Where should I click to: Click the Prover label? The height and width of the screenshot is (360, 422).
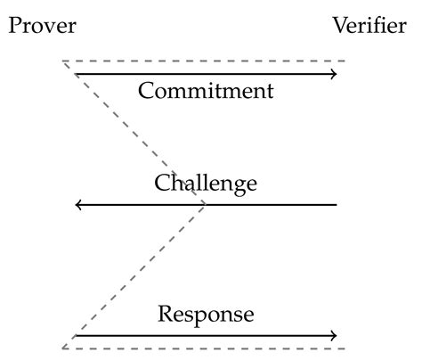click(x=42, y=26)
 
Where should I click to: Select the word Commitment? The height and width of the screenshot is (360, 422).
click(x=206, y=91)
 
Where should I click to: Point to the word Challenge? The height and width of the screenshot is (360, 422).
click(x=206, y=184)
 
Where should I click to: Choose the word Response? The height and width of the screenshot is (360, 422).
click(x=206, y=315)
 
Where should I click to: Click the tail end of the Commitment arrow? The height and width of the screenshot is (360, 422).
click(x=76, y=74)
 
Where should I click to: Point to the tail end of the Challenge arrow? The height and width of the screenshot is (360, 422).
click(x=337, y=205)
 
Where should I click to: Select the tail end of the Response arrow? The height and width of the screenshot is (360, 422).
click(x=76, y=336)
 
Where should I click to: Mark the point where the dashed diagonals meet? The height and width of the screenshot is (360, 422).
click(x=207, y=204)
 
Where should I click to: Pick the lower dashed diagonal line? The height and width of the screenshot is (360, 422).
click(x=134, y=277)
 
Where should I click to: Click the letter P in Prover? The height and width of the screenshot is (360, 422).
click(x=14, y=26)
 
